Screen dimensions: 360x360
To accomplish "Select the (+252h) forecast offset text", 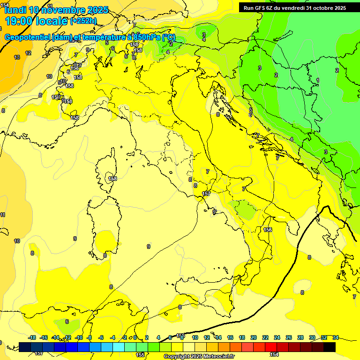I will coord(83,21).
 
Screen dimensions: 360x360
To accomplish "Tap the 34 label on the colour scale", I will coord(336,337).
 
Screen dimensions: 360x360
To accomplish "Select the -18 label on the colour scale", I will coord(32,337).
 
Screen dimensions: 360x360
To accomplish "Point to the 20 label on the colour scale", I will coord(254,337).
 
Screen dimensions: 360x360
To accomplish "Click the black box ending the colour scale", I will coord(330,347).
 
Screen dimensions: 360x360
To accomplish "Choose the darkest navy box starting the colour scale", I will coord(25,347).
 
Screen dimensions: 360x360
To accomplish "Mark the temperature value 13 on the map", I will coord(17,57).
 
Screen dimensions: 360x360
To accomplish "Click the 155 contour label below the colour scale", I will coord(140,355).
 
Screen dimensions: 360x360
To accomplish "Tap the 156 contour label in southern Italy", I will coord(268,230).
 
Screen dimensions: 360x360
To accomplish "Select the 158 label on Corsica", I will coord(112,179).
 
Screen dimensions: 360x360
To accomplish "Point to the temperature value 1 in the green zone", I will coord(318,80).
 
